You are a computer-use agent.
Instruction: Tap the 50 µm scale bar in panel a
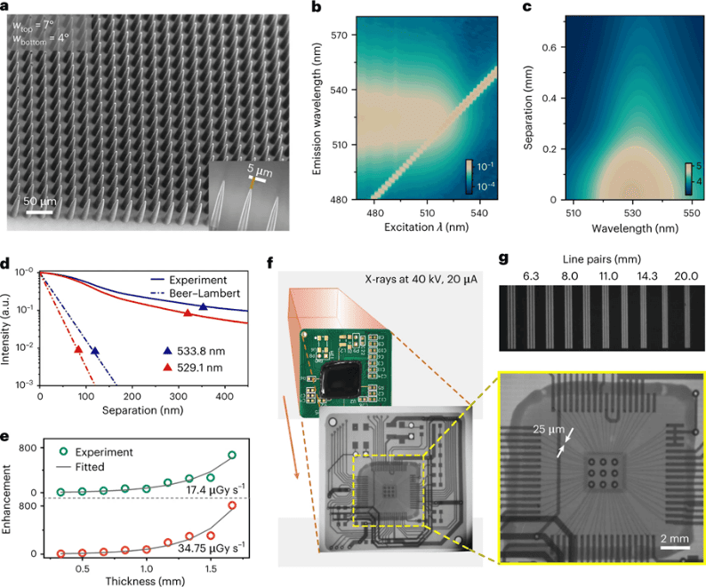coord(36,212)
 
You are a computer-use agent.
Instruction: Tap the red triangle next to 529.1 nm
coord(169,367)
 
